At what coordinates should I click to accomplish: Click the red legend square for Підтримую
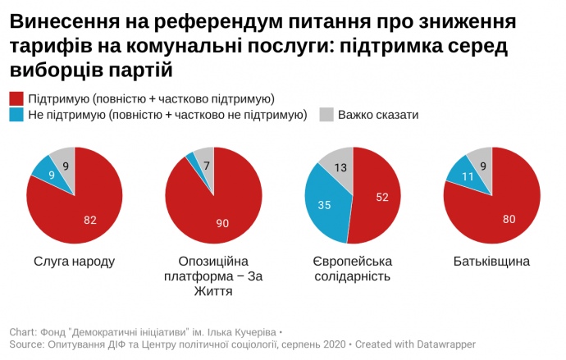click(16, 98)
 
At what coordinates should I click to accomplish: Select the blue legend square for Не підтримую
click(16, 115)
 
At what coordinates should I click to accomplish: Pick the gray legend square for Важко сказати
click(325, 115)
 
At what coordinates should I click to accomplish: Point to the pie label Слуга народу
click(74, 262)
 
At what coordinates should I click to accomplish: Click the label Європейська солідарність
click(353, 269)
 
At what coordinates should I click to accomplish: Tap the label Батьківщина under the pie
click(491, 262)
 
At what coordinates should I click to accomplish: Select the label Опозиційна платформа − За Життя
click(213, 276)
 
